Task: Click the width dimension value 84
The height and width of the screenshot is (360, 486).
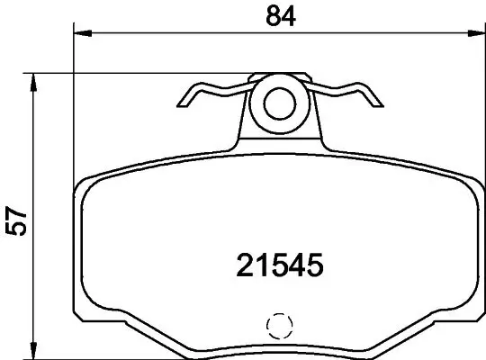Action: [276, 15]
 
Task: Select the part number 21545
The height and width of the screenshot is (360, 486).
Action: [278, 265]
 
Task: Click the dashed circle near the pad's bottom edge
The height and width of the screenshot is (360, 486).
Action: [280, 325]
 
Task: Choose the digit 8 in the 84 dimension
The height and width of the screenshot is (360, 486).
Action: [267, 15]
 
